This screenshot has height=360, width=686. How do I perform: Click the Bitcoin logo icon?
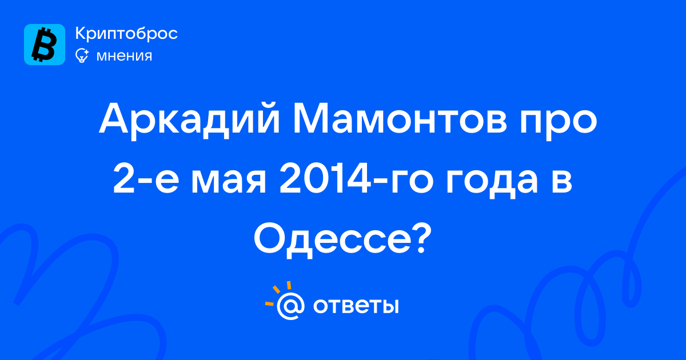click(x=45, y=45)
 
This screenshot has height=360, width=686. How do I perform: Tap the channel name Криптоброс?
click(x=126, y=34)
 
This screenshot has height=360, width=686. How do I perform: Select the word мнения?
click(x=124, y=56)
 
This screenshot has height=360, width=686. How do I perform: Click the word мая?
click(x=229, y=183)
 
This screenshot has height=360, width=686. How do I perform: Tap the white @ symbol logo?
click(x=290, y=306)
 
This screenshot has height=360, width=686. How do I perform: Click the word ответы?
click(x=356, y=306)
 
